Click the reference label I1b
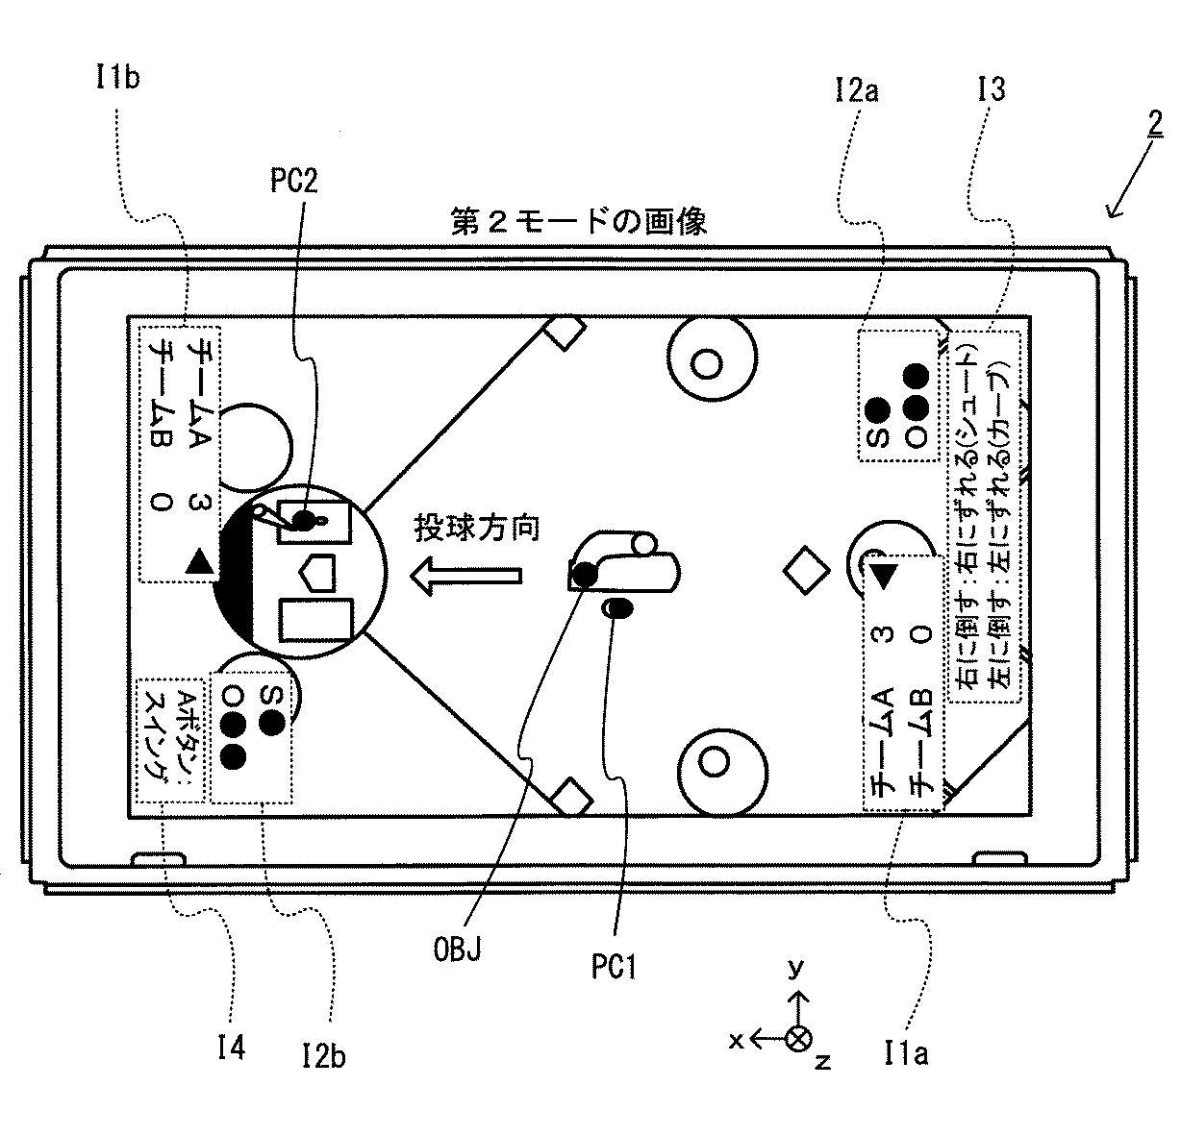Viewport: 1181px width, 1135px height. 117,77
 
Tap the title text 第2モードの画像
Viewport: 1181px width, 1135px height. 579,222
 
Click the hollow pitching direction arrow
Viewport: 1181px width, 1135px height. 466,575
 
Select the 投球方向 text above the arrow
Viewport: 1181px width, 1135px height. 478,528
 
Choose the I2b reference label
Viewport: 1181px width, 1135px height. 322,1056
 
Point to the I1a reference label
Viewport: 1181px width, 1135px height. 905,1055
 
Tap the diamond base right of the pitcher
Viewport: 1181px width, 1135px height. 806,570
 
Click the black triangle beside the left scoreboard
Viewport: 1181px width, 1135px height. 199,561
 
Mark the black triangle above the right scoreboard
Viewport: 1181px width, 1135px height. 884,575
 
